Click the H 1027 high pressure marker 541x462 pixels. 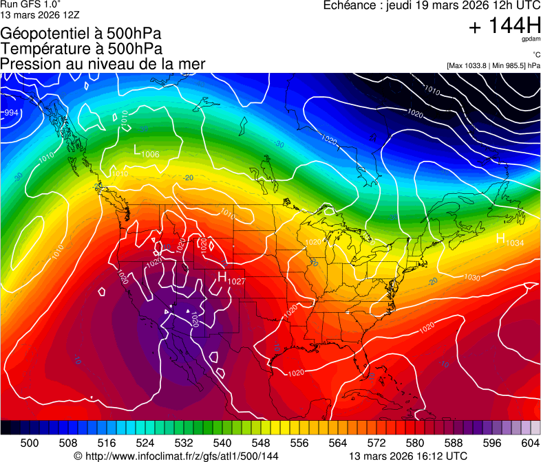tap(231, 278)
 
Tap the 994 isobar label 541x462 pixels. tap(11, 113)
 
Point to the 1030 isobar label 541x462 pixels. tap(471, 278)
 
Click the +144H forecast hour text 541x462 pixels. tap(504, 26)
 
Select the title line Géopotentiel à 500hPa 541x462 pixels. tap(81, 34)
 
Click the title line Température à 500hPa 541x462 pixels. tap(81, 49)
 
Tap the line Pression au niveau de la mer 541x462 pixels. tap(103, 64)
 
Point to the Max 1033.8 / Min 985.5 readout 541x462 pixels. tap(493, 65)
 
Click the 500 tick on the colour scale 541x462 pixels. tap(30, 443)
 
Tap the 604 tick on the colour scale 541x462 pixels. tap(530, 443)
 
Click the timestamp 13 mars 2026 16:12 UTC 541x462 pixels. tap(408, 456)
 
